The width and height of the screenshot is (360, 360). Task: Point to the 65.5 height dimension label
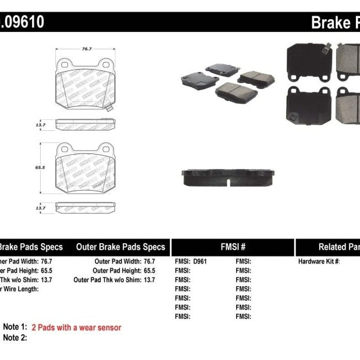coord(40,166)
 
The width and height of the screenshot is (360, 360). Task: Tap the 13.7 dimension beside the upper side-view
coord(40,124)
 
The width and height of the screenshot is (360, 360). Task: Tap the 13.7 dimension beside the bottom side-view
coord(40,208)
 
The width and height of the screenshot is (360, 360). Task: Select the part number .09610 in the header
coord(22,22)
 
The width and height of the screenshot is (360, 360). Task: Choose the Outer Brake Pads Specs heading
coord(120,247)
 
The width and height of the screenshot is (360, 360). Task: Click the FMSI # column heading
coord(233,247)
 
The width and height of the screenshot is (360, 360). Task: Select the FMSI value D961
coord(200,262)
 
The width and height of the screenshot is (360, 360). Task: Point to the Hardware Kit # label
coord(319,262)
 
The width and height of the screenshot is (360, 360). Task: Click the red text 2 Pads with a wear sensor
coord(76,327)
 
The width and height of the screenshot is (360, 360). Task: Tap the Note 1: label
coord(15,327)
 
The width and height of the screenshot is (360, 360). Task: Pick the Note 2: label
coord(15,337)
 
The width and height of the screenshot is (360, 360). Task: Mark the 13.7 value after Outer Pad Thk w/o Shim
coord(149,280)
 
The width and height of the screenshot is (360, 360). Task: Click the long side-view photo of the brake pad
coord(227,178)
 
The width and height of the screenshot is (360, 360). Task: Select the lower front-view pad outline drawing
coord(85,169)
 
